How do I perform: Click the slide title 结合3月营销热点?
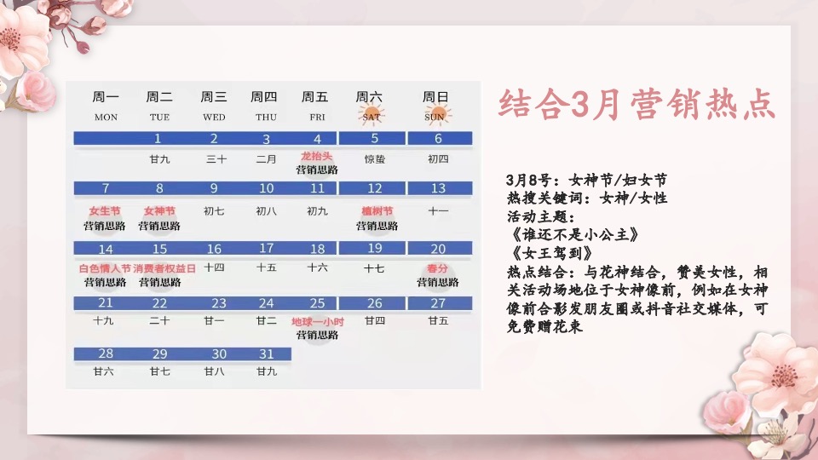click(636, 106)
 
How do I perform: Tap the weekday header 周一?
click(106, 97)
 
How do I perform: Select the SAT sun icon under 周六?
click(372, 115)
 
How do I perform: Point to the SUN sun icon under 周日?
click(435, 115)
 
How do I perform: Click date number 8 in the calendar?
click(159, 188)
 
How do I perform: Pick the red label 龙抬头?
click(316, 157)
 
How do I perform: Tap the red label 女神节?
click(159, 211)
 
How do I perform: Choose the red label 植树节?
click(376, 211)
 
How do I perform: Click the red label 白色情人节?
click(105, 268)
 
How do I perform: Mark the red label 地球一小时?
click(316, 322)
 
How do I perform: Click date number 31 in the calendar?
click(267, 354)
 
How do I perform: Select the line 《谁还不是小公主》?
click(570, 234)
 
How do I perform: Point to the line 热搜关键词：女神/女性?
click(586, 198)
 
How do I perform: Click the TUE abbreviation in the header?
click(159, 117)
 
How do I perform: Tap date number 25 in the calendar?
click(317, 303)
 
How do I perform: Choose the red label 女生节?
click(105, 211)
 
